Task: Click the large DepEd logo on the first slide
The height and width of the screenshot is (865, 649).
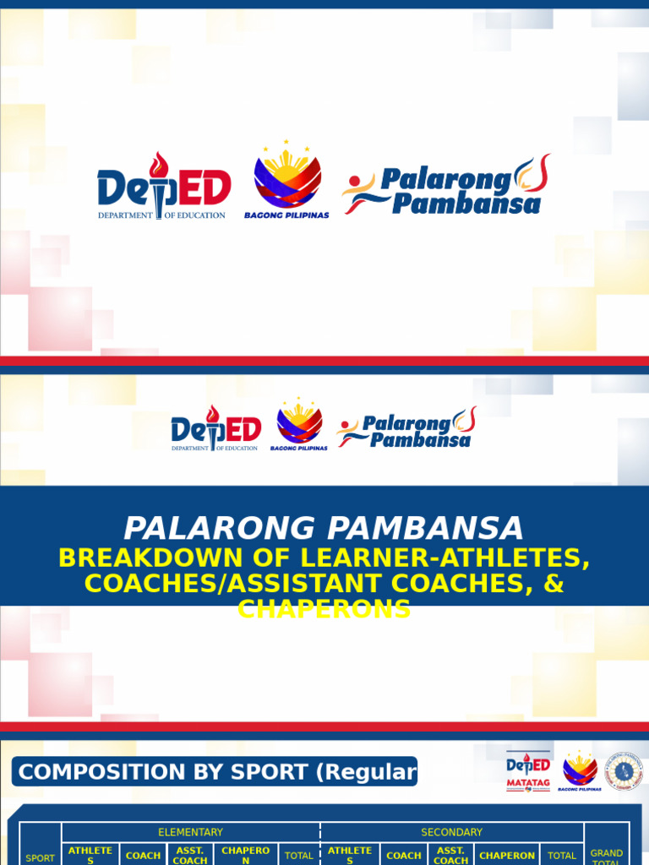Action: click(x=163, y=188)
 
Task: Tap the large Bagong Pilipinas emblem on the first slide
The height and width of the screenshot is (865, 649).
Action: click(x=287, y=179)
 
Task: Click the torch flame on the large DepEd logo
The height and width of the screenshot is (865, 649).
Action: click(x=158, y=165)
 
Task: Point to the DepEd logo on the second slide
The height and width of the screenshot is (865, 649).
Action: click(x=215, y=428)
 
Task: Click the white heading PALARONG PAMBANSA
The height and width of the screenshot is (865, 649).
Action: click(x=324, y=529)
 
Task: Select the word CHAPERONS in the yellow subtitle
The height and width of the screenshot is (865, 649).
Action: click(x=324, y=608)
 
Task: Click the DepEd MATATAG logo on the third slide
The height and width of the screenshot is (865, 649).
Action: click(x=528, y=770)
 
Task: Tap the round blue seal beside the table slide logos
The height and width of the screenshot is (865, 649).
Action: click(x=623, y=770)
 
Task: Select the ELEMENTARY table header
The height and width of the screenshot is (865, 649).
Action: click(x=190, y=832)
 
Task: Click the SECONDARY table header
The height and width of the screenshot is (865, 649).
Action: click(x=451, y=832)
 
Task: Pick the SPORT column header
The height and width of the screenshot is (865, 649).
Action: click(x=40, y=857)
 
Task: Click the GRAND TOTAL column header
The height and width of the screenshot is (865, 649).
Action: click(x=607, y=856)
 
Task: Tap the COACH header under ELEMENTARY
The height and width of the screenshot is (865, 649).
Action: click(x=143, y=856)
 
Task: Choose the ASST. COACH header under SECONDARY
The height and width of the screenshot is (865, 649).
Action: click(x=450, y=855)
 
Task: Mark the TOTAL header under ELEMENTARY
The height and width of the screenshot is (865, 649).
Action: click(x=299, y=856)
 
